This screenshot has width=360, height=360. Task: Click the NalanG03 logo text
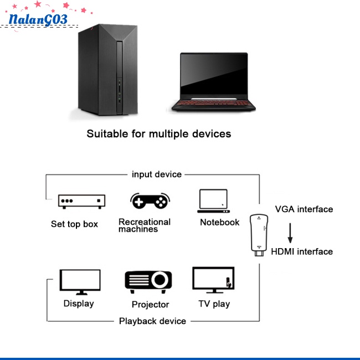click(38, 19)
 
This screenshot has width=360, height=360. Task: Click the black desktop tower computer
click(108, 70)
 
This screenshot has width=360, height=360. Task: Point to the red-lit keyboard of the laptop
click(214, 103)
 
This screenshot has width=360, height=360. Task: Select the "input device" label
click(157, 174)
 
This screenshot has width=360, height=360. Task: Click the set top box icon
click(82, 202)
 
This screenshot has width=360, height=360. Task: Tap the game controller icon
click(150, 201)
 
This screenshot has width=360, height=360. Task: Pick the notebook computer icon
click(214, 201)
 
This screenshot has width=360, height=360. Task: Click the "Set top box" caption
click(74, 224)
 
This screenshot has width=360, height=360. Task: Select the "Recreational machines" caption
click(145, 225)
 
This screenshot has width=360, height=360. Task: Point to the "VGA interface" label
click(304, 209)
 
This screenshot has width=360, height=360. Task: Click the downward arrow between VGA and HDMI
click(290, 233)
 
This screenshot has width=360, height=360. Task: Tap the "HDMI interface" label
click(302, 251)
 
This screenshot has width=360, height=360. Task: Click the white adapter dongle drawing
click(259, 235)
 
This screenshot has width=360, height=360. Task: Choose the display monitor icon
click(80, 282)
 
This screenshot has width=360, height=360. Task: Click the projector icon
click(148, 282)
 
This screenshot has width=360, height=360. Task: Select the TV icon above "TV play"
click(213, 280)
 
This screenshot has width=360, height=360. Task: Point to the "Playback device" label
click(152, 321)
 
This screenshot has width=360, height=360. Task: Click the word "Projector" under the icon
click(151, 305)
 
